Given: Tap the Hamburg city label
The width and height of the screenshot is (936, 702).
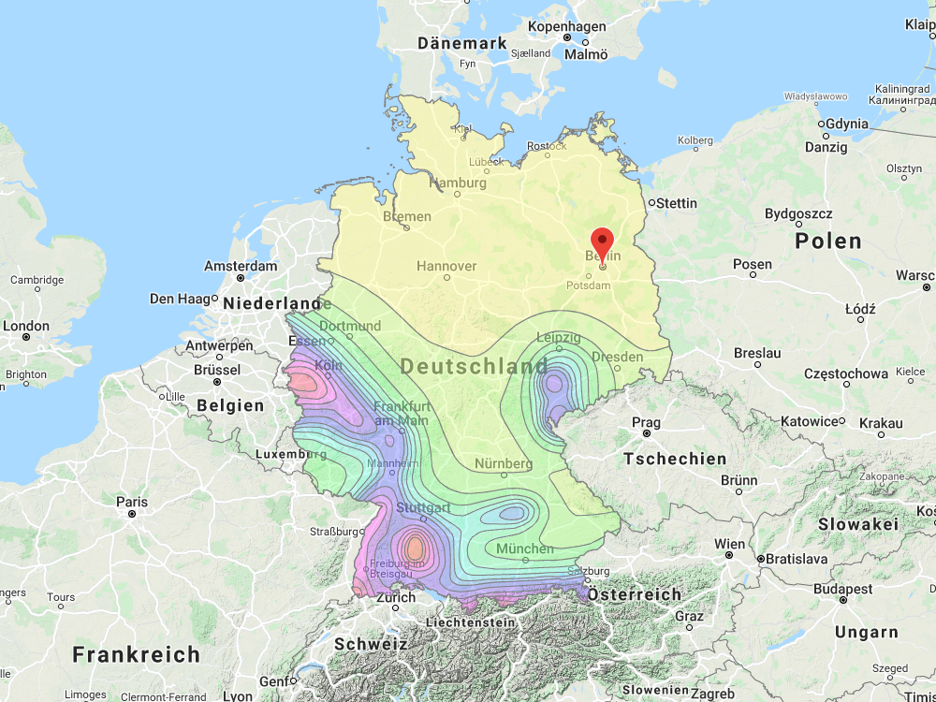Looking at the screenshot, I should [x=457, y=183].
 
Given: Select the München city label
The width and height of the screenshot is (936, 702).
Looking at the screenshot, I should [x=525, y=548].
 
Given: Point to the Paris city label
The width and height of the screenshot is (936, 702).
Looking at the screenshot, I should [x=132, y=502].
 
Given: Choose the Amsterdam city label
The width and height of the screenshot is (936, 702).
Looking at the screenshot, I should [x=241, y=267].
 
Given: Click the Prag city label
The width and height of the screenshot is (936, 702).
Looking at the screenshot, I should [x=646, y=423].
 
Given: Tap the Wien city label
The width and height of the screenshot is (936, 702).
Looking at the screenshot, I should [x=730, y=544].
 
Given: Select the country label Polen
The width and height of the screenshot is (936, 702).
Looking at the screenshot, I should [x=827, y=241].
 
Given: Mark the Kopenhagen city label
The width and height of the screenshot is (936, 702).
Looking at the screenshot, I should [x=566, y=27].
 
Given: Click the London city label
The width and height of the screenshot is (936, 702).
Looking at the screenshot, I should [x=26, y=327].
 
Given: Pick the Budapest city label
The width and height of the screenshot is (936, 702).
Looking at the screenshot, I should [x=842, y=590].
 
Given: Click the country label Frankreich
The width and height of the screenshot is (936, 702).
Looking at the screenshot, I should [x=137, y=654].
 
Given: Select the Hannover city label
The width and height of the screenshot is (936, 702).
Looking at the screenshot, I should [x=446, y=267].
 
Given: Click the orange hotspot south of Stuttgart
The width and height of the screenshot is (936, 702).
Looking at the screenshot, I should [x=413, y=547].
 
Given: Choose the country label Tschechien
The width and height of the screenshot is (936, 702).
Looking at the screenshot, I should [x=675, y=459].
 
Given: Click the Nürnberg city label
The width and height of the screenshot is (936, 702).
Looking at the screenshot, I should [x=503, y=464].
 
